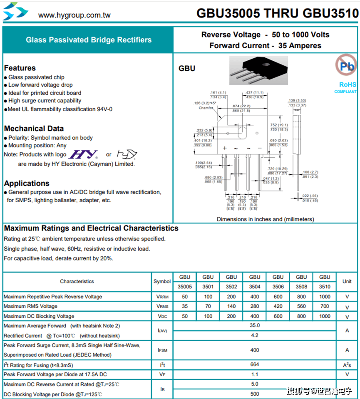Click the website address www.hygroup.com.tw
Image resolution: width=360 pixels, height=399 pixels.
pyautogui.click(x=74, y=15)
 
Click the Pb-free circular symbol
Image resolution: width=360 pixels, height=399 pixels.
pyautogui.click(x=346, y=66)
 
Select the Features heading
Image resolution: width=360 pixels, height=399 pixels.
pyautogui.click(x=20, y=68)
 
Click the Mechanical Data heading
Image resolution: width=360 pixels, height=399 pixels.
pyautogui.click(x=34, y=129)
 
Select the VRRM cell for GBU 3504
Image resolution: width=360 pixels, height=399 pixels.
pyautogui.click(x=255, y=297)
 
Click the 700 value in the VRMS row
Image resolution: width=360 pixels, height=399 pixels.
pyautogui.click(x=325, y=306)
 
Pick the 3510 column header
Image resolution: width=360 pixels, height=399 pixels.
pyautogui.click(x=325, y=286)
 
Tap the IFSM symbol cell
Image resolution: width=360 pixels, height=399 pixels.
pyautogui.click(x=162, y=350)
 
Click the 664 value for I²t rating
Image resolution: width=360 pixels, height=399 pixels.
pyautogui.click(x=255, y=365)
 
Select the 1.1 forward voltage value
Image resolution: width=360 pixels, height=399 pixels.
pyautogui.click(x=255, y=374)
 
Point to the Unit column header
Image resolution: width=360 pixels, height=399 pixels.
pyautogui.click(x=347, y=281)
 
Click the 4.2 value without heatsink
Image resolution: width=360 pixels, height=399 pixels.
pyautogui.click(x=255, y=335)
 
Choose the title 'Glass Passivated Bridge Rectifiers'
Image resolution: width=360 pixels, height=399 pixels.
pyautogui.click(x=89, y=40)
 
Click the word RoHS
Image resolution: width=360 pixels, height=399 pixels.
pyautogui.click(x=348, y=84)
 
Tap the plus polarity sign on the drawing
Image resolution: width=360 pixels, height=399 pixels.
pyautogui.click(x=225, y=148)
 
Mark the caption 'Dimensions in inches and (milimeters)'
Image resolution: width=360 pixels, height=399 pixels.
pyautogui.click(x=265, y=219)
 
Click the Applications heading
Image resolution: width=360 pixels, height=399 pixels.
pyautogui.click(x=27, y=183)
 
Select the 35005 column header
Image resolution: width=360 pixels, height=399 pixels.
pyautogui.click(x=185, y=286)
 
